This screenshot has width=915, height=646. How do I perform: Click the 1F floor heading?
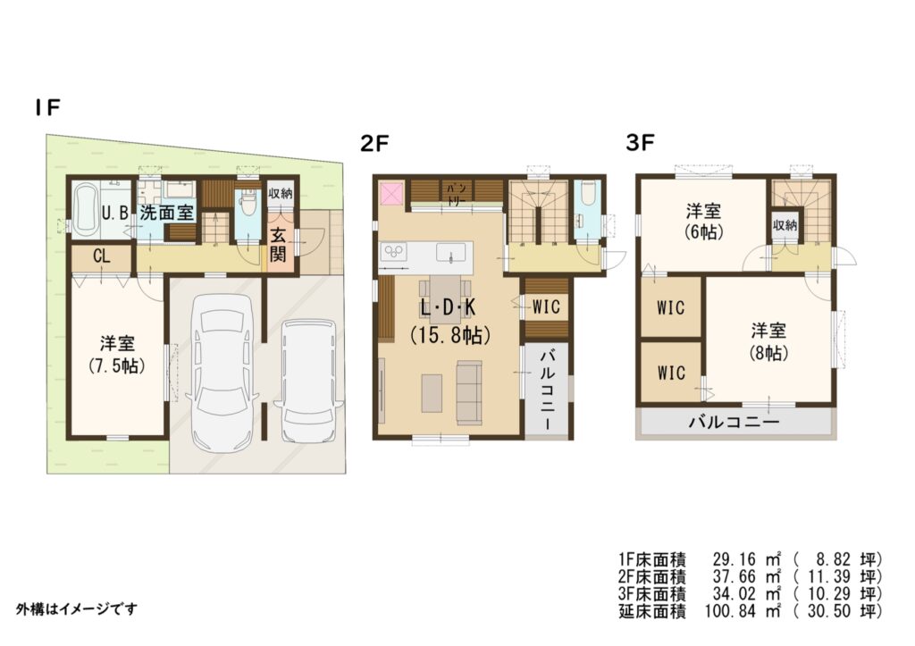47,107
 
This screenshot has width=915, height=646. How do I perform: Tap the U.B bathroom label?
114,213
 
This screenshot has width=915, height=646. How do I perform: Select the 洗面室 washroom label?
166,213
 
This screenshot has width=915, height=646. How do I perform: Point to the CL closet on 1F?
102,256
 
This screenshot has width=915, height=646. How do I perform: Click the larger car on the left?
222,372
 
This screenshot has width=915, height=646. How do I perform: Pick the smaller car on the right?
307,380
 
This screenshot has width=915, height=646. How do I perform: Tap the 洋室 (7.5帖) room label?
117,354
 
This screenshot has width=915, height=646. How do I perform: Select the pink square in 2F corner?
391,193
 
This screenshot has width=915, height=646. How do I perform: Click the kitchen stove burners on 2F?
393,252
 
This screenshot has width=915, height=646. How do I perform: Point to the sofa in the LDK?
469,391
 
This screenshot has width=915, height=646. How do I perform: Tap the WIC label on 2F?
546,307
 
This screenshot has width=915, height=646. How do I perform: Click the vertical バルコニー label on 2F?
547,390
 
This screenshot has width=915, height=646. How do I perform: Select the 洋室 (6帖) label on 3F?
703,222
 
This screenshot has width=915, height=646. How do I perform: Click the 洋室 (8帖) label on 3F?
768,342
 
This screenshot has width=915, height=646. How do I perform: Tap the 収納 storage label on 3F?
785,224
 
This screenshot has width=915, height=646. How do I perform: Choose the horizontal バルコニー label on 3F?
735,422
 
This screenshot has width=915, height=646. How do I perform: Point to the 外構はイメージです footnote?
77,609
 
